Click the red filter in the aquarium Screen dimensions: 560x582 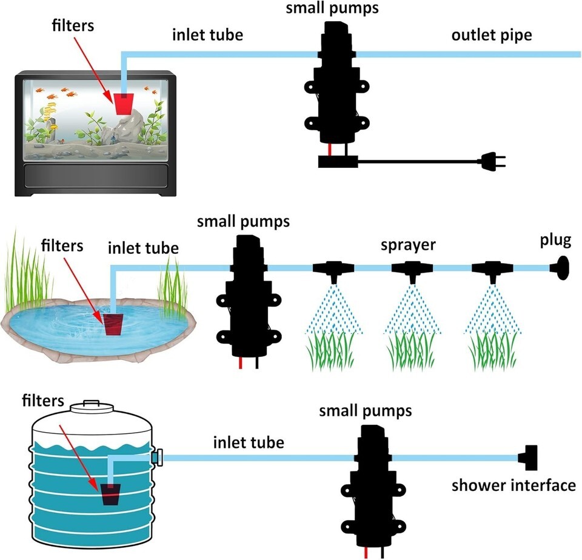tap(124, 104)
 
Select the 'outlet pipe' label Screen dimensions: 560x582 tap(491, 35)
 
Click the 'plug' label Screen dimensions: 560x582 tap(555, 241)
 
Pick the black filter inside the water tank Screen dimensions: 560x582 tap(110, 494)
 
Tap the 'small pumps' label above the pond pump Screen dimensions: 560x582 tap(243, 221)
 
